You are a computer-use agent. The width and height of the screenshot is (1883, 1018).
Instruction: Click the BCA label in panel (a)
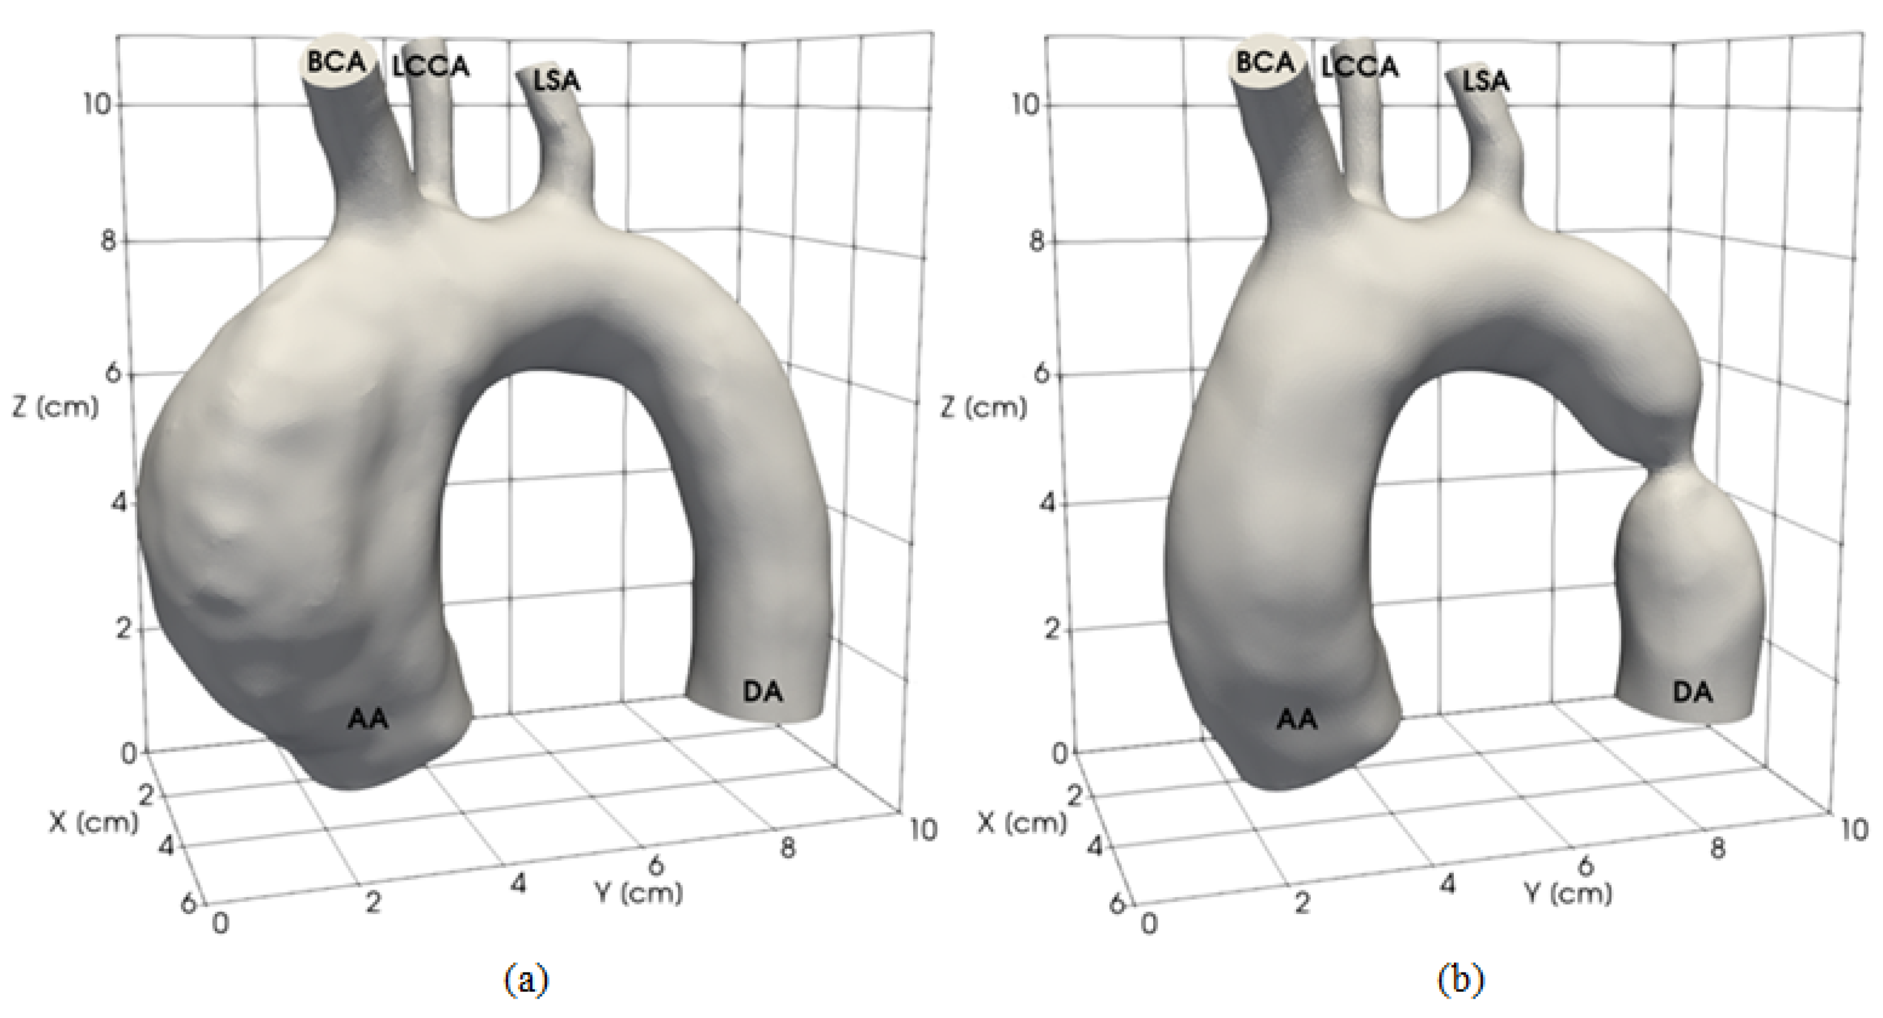click(x=336, y=63)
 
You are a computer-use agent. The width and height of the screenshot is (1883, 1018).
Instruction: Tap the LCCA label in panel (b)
click(x=1360, y=67)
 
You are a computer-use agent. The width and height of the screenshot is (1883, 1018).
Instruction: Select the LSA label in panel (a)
click(x=557, y=81)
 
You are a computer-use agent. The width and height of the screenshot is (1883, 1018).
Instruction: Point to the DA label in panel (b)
click(x=1693, y=691)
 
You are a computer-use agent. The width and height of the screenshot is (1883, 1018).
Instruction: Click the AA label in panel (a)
click(x=368, y=719)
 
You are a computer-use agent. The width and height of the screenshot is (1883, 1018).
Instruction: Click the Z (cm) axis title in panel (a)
click(x=55, y=407)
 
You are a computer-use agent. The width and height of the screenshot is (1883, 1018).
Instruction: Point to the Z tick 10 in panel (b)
click(x=1026, y=105)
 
